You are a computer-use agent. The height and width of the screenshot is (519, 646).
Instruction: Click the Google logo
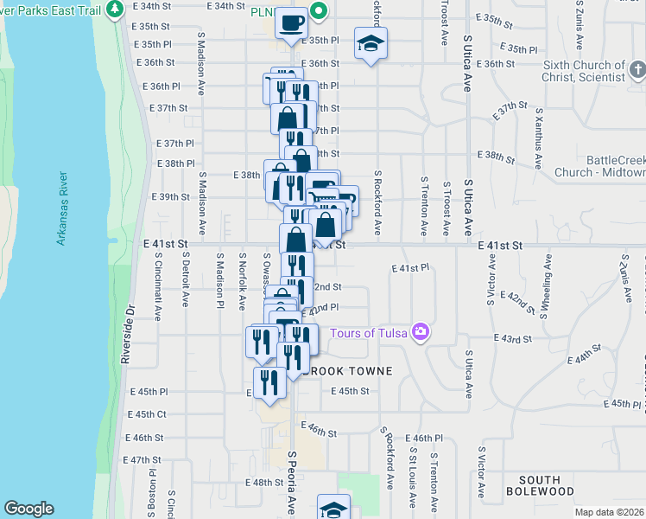28,509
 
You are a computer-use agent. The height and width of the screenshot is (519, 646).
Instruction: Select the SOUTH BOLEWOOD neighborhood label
546,485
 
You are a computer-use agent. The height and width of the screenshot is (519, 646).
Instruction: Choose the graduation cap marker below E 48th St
333,508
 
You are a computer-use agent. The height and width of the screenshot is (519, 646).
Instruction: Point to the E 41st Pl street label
410,269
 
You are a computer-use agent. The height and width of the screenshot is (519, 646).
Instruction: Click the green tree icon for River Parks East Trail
116,10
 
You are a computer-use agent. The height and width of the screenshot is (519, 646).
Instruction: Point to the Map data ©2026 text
608,512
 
